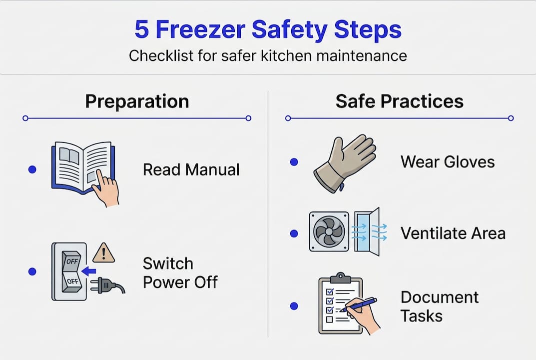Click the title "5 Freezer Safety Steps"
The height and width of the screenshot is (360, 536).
[x=268, y=30]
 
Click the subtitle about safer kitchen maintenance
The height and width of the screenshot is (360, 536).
[x=268, y=55]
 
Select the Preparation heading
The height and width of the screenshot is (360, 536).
[x=137, y=101]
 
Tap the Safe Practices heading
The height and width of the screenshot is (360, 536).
[x=399, y=101]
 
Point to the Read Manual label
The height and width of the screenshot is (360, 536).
[x=191, y=169]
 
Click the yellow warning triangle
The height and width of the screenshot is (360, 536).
[x=104, y=253]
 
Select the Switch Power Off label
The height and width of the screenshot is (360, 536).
[x=180, y=272]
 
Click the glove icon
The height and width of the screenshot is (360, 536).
[x=345, y=162]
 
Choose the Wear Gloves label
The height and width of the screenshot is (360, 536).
[x=448, y=162]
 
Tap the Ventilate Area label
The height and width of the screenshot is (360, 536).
[x=453, y=233]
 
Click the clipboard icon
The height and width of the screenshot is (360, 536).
[x=340, y=305]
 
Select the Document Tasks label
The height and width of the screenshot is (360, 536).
[x=440, y=306]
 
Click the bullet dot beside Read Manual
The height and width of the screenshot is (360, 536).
[x=32, y=169]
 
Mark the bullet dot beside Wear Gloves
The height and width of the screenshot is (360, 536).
[x=294, y=162]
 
